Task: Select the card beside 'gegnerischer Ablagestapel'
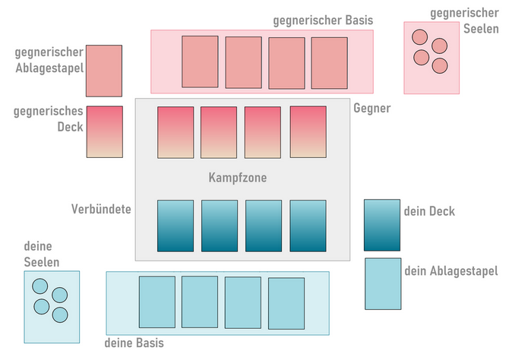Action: pos(104,71)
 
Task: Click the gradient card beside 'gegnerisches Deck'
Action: pos(104,131)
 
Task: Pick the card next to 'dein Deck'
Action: pos(382,225)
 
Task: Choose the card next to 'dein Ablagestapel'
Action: pos(383,284)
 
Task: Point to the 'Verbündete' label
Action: pos(101,208)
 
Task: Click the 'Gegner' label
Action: pos(372,109)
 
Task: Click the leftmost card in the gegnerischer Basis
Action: pos(200,62)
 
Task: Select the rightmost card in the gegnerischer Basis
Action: pos(329,63)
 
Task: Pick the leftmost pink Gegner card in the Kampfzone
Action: pos(175,132)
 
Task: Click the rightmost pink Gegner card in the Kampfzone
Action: pos(308,132)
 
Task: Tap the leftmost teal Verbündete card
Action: pos(175,226)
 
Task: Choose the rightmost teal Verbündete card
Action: pos(308,226)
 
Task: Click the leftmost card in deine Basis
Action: pos(157,302)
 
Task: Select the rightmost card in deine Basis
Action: pos(286,304)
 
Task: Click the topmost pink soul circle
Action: pos(419,36)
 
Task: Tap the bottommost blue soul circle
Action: pos(60,314)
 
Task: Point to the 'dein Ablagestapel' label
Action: pos(451,271)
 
